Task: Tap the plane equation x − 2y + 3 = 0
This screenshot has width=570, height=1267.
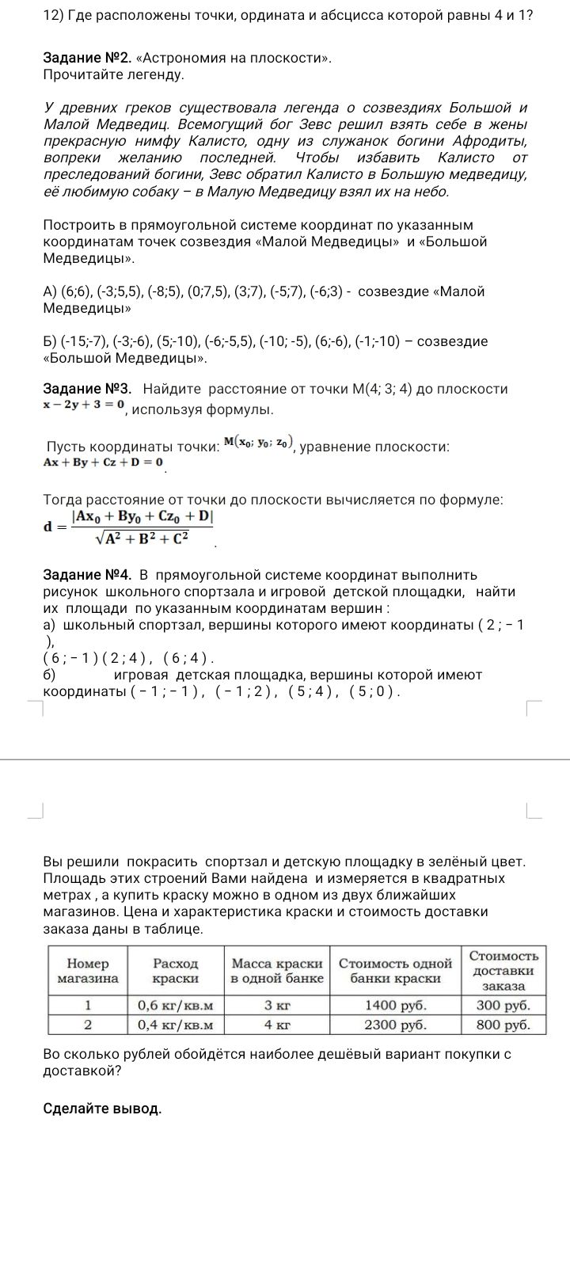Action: click(x=84, y=405)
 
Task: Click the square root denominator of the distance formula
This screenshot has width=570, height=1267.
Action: click(x=142, y=539)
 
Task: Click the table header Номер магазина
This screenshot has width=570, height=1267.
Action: click(x=88, y=970)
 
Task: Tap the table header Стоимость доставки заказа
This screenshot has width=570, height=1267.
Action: click(x=503, y=970)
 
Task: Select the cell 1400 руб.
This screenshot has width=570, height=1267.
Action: click(x=395, y=1006)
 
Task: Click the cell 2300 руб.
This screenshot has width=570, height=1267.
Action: click(x=395, y=1025)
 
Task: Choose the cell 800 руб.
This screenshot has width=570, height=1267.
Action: click(x=503, y=1025)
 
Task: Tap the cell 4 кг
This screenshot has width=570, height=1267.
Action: click(x=277, y=1025)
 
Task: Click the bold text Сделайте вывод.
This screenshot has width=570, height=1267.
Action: click(x=102, y=1108)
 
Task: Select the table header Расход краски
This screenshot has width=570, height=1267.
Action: click(x=176, y=970)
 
